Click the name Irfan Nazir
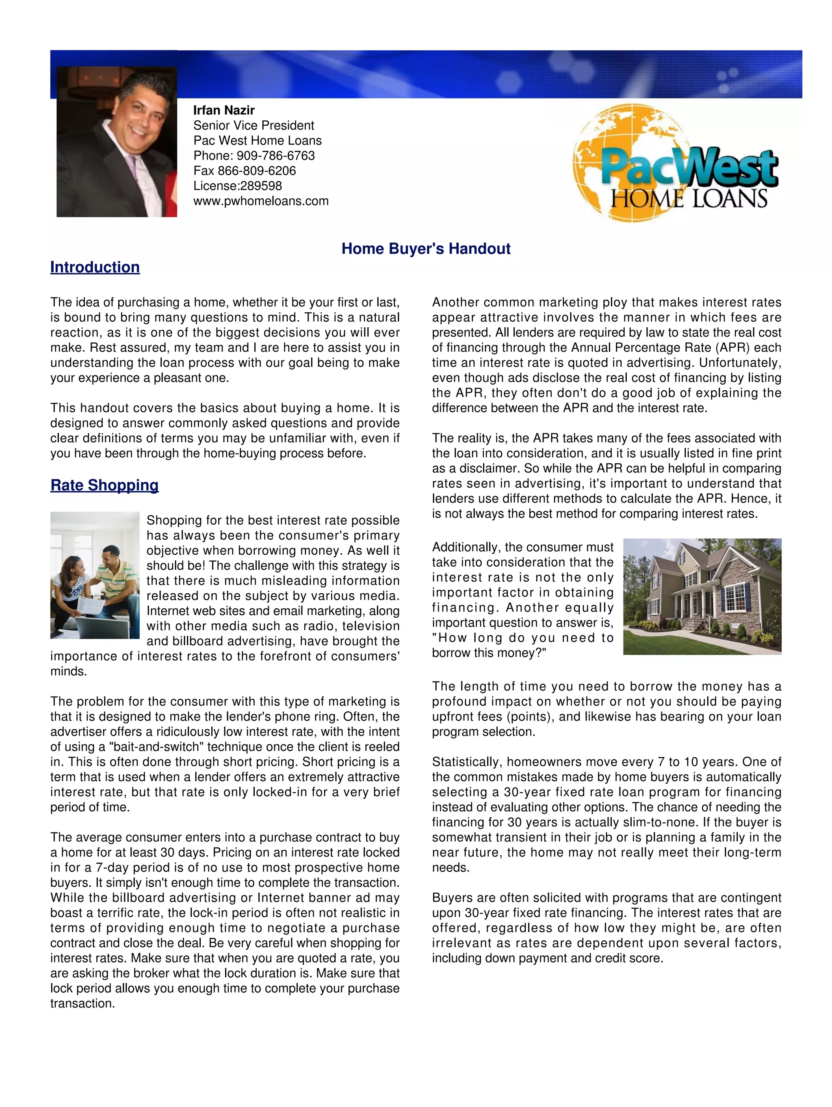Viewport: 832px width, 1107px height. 224,110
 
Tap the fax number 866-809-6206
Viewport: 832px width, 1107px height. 256,171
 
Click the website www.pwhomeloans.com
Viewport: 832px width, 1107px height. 261,201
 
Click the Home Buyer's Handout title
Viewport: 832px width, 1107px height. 425,249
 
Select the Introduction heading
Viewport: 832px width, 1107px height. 95,267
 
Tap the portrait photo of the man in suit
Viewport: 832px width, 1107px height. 117,142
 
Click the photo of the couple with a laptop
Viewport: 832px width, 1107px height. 95,575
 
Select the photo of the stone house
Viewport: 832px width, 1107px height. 702,596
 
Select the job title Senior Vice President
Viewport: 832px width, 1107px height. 254,125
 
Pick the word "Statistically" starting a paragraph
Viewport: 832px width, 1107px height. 466,762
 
